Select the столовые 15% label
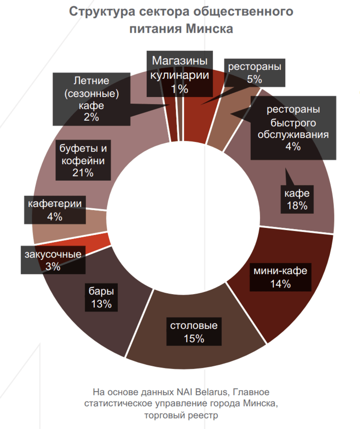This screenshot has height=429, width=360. click(194, 332)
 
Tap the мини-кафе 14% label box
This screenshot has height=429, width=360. click(280, 277)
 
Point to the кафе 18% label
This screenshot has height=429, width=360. click(297, 199)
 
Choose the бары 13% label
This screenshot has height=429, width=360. click(101, 297)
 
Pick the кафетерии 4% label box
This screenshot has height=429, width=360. click(55, 210)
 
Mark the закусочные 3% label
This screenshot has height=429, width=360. click(53, 260)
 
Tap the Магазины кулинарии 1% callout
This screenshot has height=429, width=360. click(179, 74)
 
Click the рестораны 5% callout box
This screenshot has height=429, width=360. click(255, 72)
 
